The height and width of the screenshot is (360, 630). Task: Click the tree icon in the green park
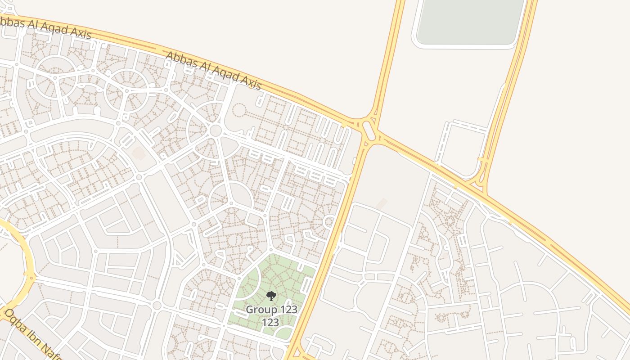click(271, 296)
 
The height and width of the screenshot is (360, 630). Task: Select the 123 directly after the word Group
click(288, 310)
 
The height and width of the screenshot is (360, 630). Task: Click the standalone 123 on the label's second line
click(271, 322)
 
